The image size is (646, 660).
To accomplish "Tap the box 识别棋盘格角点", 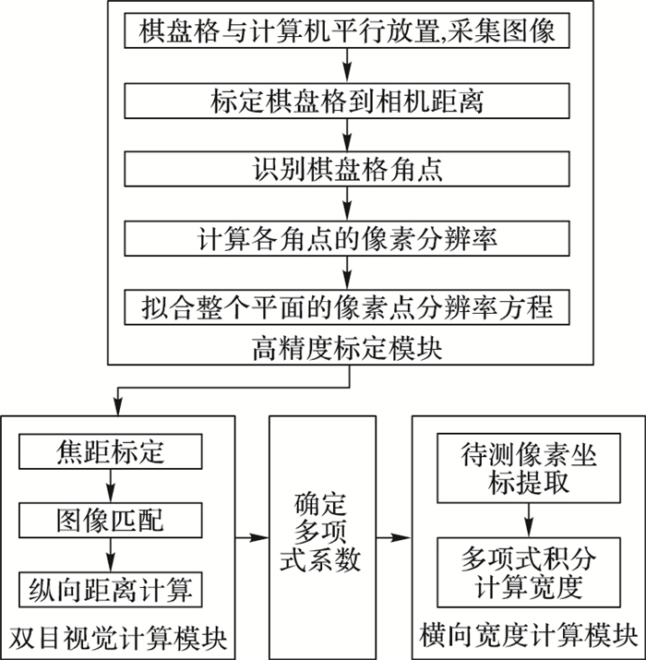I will coord(346,169).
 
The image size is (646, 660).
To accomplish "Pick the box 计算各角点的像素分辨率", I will coord(346,237).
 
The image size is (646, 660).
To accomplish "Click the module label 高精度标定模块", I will coord(346,349).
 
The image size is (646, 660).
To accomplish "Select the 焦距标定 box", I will coord(112,453).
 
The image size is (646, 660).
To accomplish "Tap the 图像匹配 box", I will coord(112,520).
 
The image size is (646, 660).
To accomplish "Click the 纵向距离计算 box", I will coord(112,587).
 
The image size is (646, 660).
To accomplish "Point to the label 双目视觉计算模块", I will coord(116,637).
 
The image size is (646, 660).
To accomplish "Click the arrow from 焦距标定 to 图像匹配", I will coord(111,486).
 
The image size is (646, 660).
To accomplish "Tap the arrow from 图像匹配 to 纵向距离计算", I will coord(111,554).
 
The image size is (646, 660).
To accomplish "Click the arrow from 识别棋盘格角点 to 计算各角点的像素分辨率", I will coord(346,203).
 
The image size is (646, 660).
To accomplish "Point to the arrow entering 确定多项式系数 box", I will coord(249,536).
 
